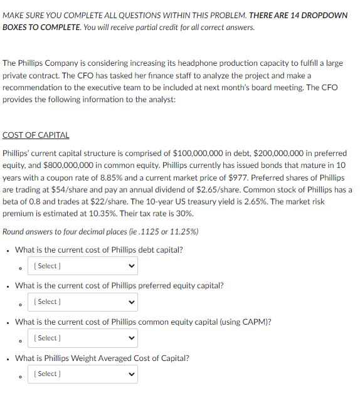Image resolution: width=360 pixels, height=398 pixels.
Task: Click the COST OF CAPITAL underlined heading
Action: [36, 135]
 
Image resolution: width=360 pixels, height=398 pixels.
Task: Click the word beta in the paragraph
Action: [12, 201]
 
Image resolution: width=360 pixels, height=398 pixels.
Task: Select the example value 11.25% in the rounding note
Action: [179, 231]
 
